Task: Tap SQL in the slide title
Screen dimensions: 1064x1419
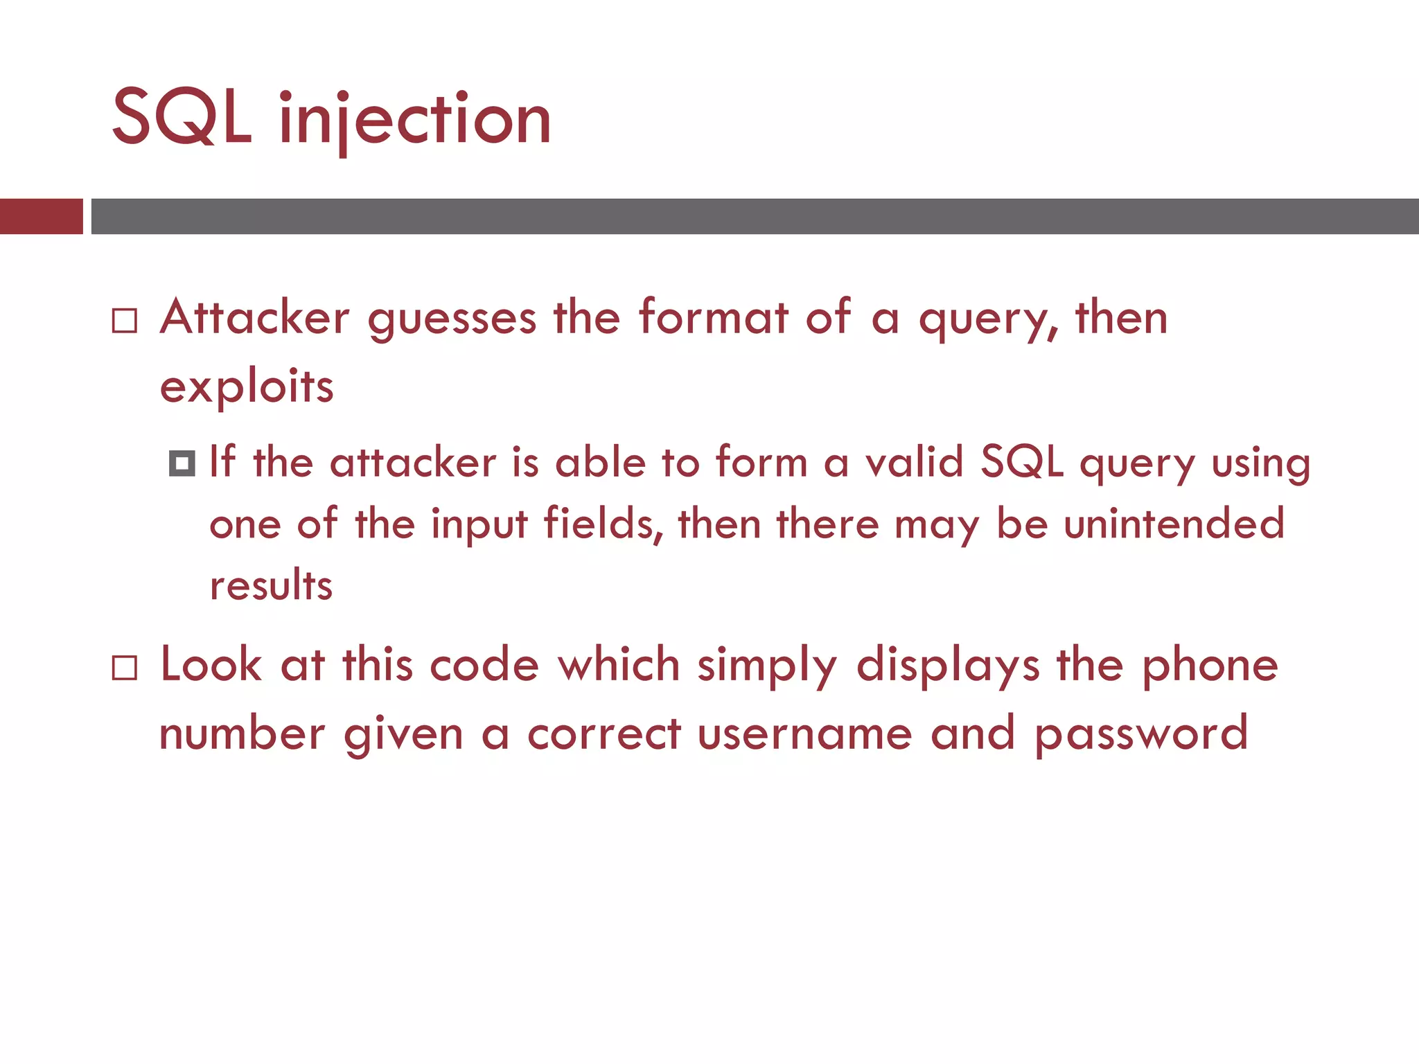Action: coord(182,118)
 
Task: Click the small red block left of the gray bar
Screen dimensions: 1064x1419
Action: coord(41,216)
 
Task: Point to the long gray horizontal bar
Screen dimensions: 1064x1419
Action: coord(755,216)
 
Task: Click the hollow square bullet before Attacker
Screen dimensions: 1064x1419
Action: coord(125,321)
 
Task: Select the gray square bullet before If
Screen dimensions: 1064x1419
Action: coord(182,463)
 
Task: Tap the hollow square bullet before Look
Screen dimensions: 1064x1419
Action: coord(125,668)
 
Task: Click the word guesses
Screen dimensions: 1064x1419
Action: coord(452,320)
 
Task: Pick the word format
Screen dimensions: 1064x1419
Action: coord(713,317)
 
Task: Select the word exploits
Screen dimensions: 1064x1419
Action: coord(247,387)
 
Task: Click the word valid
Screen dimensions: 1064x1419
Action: coord(915,461)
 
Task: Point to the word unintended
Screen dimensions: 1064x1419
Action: coord(1174,524)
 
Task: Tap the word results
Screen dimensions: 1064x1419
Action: coord(271,585)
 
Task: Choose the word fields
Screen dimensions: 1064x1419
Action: coord(599,523)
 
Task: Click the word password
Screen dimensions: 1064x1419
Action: coord(1141,734)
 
